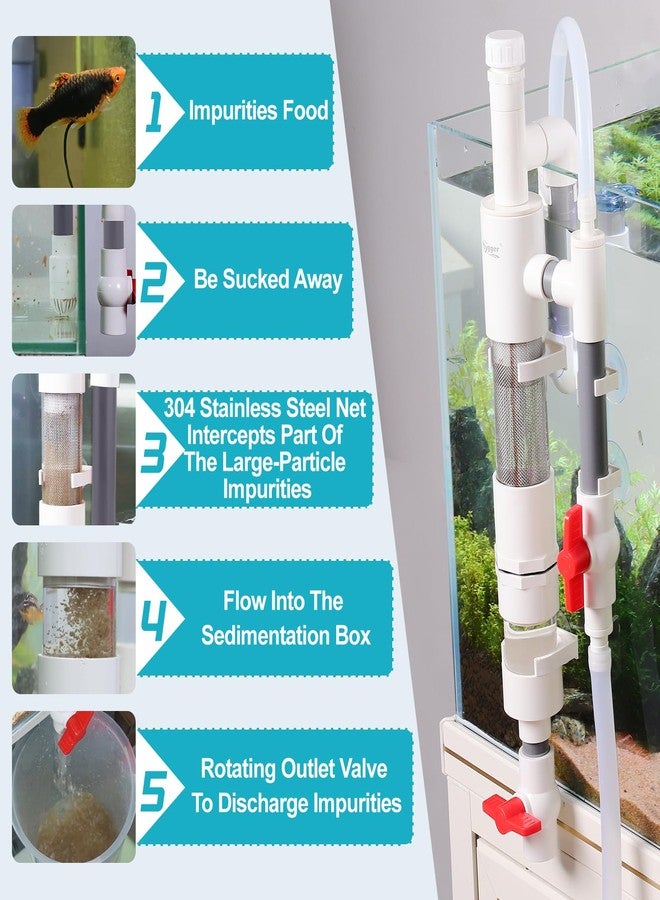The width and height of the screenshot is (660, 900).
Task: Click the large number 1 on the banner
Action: [x=153, y=111]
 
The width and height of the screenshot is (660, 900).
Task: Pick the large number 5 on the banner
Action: [x=154, y=789]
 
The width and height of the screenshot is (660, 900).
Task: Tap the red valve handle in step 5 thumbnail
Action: [x=76, y=734]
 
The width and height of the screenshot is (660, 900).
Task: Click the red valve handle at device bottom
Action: [x=510, y=814]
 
